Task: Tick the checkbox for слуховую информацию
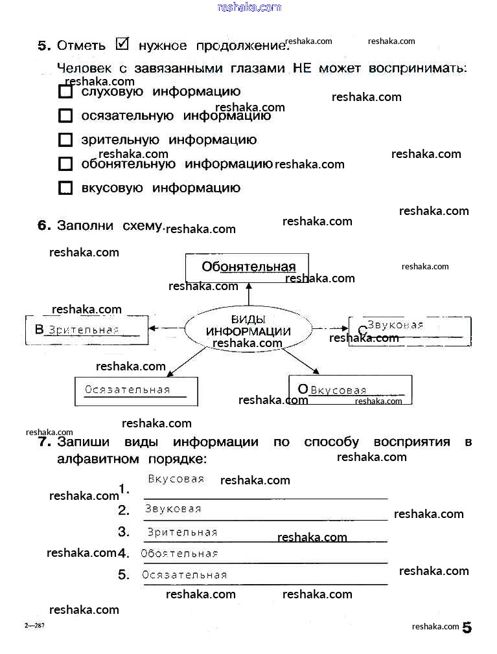(x=65, y=92)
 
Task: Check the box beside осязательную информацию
(x=65, y=116)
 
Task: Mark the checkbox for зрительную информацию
(x=65, y=140)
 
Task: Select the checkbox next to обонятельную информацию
(x=65, y=164)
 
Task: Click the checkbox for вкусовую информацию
(x=65, y=188)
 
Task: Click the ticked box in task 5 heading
(x=122, y=43)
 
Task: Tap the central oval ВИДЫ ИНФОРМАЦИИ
(x=248, y=326)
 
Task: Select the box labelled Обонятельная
(x=248, y=267)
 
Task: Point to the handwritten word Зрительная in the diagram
(x=84, y=330)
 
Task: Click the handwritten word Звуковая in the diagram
(x=395, y=325)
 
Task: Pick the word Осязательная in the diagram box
(x=128, y=390)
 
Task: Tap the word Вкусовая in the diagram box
(x=338, y=390)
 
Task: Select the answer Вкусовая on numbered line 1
(x=176, y=479)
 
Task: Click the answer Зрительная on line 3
(x=182, y=532)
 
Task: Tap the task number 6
(x=43, y=225)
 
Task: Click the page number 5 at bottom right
(x=467, y=627)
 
